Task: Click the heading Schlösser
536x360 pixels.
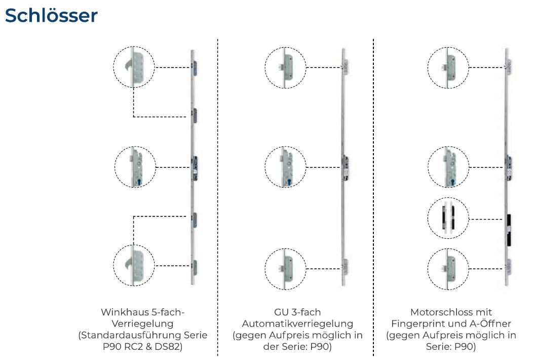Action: point(51,15)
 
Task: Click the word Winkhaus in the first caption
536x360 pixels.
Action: point(123,312)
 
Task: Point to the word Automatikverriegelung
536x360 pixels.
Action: point(297,323)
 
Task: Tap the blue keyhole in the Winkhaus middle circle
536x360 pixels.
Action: point(139,182)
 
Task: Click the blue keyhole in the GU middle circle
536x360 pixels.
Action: point(289,182)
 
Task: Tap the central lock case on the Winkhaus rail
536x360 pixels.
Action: point(195,168)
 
